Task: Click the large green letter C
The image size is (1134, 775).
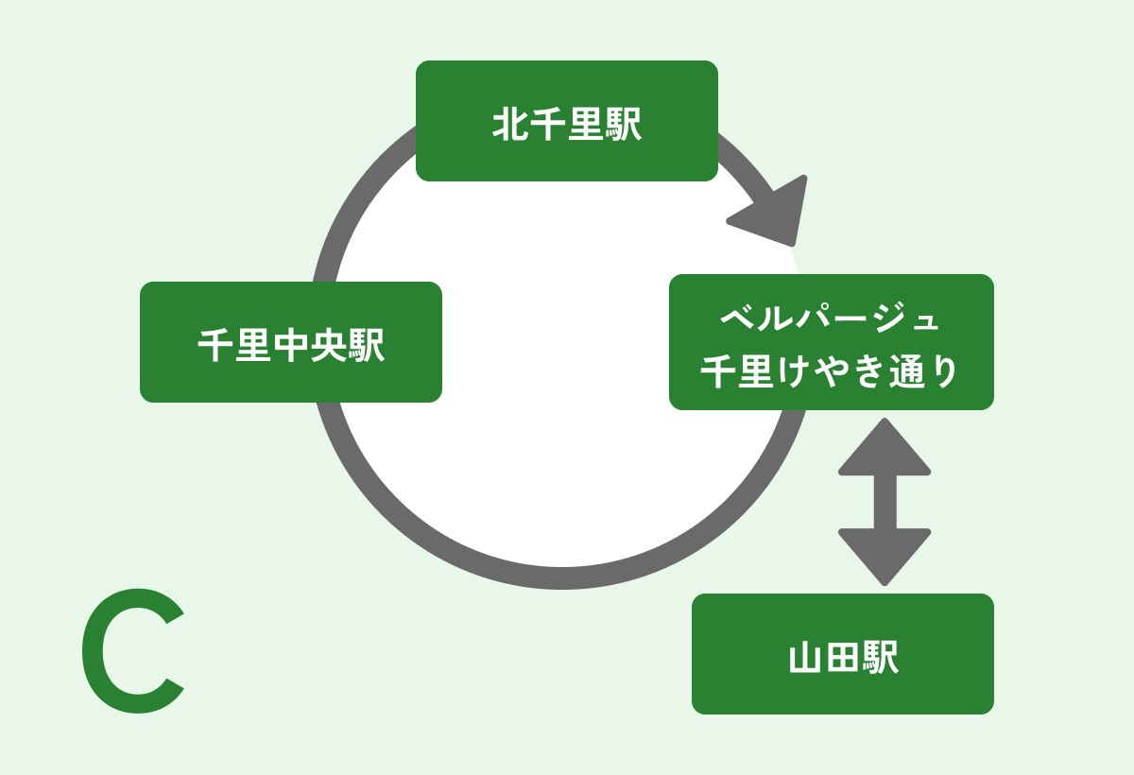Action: (x=132, y=652)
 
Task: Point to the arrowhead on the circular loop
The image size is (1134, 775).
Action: (x=772, y=213)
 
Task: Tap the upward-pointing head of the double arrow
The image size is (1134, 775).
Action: (x=885, y=448)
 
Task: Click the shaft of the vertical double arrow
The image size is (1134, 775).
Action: (x=885, y=502)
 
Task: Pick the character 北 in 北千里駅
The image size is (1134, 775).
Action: (x=510, y=125)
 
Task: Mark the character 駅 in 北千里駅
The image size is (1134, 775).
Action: (x=624, y=125)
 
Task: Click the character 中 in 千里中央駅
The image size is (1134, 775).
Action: (x=291, y=346)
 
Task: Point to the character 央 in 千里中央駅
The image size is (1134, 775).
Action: (x=329, y=346)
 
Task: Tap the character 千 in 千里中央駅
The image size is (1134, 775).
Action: (x=215, y=346)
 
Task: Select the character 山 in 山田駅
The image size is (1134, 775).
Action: (x=805, y=658)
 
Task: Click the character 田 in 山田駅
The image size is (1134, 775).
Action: (x=843, y=658)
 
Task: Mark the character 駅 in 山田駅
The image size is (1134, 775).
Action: (x=881, y=658)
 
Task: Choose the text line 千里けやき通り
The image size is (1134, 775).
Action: (x=831, y=371)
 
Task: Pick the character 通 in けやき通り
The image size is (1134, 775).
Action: (x=906, y=371)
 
